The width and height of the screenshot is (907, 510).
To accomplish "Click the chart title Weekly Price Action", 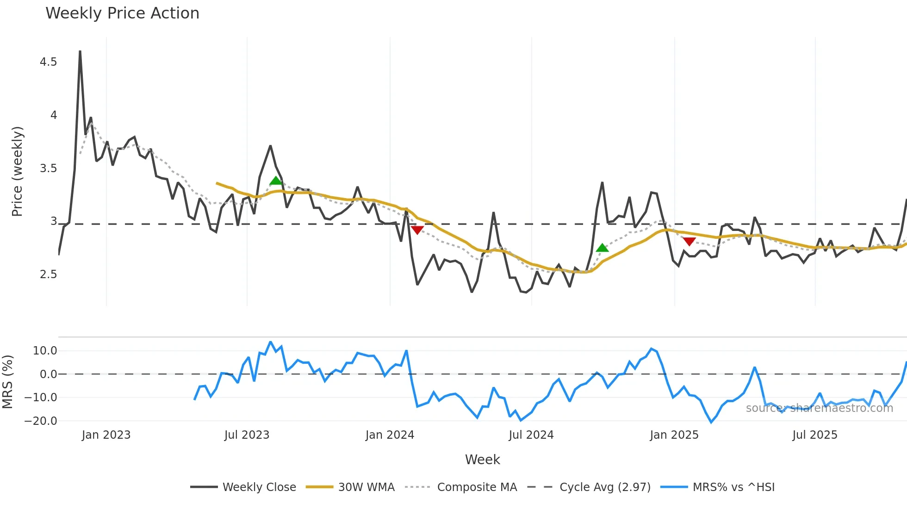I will pos(122,13).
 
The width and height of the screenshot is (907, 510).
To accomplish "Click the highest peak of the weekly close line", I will pos(80,51).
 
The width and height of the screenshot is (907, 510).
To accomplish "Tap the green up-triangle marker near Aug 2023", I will pos(276,180).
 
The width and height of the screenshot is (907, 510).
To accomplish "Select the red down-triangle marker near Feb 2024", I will pos(417,230).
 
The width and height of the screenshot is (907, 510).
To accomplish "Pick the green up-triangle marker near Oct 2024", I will pos(602,248).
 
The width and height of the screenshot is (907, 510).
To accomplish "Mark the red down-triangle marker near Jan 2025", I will pos(689,242).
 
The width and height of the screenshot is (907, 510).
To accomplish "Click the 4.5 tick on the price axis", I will pos(48,62).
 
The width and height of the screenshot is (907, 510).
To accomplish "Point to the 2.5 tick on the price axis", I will pos(48,274).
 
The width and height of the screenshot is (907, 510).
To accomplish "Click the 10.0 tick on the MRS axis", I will pos(45,351).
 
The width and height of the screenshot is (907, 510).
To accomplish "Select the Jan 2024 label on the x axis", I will pos(390,435).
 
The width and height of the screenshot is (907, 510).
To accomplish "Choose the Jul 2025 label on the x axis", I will pos(814,435).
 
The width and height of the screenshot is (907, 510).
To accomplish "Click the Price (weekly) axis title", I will pos(17,171).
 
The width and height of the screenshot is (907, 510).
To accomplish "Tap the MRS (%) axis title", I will pos(7,382).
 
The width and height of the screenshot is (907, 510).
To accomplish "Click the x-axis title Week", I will pos(482,460).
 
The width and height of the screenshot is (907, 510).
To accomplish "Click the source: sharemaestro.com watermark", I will pos(819,408).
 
